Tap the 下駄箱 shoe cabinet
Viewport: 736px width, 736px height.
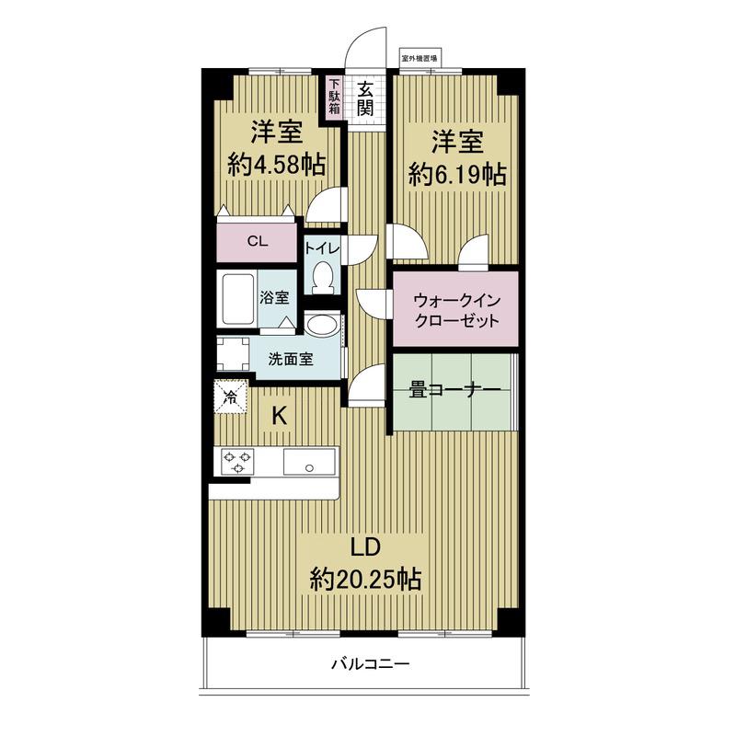(x=335, y=98)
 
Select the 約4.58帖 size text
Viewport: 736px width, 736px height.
(x=276, y=166)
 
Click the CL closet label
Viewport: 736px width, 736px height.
(x=257, y=243)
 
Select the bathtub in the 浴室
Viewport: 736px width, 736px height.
(x=237, y=298)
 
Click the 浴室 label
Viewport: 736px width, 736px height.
(x=274, y=298)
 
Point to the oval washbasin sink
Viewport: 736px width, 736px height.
(x=322, y=326)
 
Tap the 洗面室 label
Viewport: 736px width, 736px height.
(x=291, y=360)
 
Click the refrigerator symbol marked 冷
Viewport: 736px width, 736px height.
(x=230, y=397)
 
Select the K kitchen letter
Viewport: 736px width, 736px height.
(x=279, y=416)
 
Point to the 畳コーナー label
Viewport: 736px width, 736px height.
(x=454, y=391)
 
